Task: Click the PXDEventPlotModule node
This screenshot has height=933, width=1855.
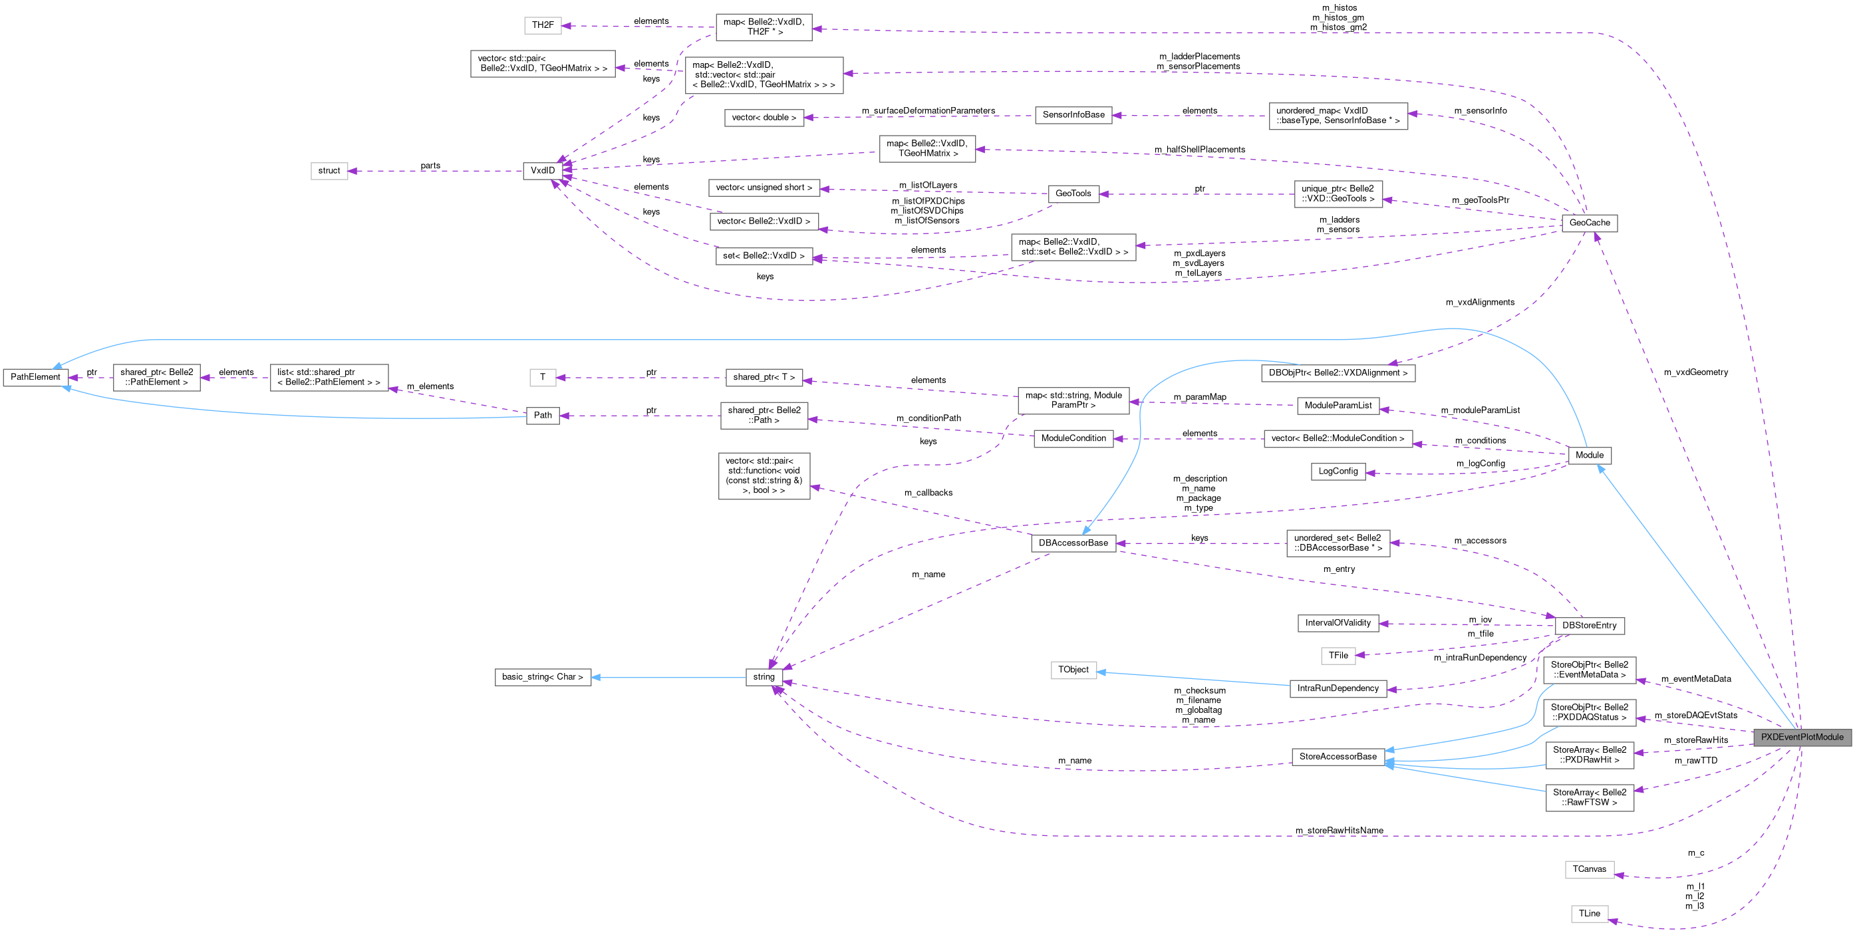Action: click(1802, 737)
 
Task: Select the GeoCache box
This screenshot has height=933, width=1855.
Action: click(1589, 223)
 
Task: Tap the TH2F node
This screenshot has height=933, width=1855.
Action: click(542, 25)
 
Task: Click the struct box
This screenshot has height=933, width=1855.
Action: click(329, 171)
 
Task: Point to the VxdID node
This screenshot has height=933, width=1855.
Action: click(542, 171)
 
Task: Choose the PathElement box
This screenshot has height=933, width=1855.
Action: click(35, 377)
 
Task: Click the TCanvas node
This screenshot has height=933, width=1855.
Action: click(1589, 869)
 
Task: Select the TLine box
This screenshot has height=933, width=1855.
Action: click(1589, 914)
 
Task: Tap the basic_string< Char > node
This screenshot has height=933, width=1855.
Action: click(542, 677)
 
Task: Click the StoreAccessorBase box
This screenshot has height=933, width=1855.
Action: click(1338, 757)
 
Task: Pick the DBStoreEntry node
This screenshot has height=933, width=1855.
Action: click(1589, 626)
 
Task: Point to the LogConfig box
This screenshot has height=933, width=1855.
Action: click(1338, 471)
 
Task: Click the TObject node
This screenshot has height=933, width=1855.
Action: click(1073, 670)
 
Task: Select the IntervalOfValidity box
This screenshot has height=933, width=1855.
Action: click(1338, 622)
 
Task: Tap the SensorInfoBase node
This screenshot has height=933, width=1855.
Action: click(1073, 114)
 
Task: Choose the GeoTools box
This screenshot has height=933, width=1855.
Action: click(1073, 194)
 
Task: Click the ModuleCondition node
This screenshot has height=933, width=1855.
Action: click(1073, 438)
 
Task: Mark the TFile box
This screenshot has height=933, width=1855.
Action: click(1338, 655)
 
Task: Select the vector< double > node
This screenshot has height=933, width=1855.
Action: click(764, 117)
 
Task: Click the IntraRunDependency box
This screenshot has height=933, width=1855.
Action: click(1338, 688)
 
